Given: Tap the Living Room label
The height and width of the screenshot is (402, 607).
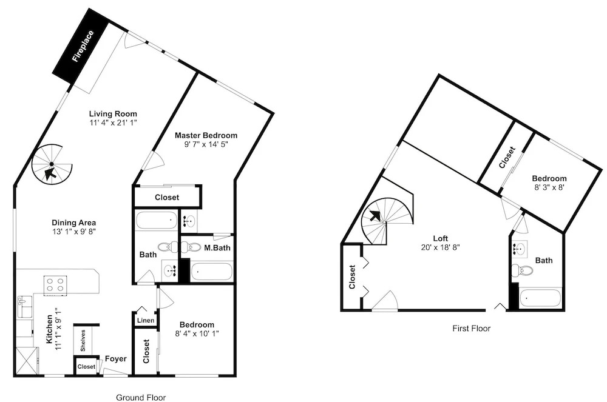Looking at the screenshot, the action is click(113, 113).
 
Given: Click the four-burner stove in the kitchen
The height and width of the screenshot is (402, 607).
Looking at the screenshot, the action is click(55, 285).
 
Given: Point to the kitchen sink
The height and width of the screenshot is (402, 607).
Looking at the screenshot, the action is click(25, 307).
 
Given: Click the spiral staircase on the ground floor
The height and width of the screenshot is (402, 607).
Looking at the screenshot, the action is click(52, 165).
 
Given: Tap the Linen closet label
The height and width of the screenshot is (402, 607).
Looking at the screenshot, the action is click(146, 320).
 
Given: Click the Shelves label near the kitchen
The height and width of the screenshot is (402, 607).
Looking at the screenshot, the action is click(83, 340).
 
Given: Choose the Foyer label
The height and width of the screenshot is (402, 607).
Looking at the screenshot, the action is click(116, 359).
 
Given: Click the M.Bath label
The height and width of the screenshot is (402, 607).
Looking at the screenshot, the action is click(217, 248).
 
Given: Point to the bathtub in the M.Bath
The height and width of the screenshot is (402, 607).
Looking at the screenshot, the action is click(212, 272).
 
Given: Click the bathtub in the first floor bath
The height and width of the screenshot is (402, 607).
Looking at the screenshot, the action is click(540, 298).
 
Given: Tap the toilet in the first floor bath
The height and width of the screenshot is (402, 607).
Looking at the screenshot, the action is click(521, 270).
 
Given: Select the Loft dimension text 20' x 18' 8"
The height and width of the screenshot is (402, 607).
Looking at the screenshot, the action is click(440, 247).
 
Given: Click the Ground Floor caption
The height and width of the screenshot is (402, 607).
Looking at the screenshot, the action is click(141, 397).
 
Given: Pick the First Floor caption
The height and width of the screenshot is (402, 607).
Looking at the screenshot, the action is click(472, 329).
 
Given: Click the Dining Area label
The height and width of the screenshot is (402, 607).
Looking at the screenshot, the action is click(74, 223).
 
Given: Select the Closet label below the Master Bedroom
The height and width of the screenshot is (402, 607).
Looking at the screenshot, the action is click(167, 198).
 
